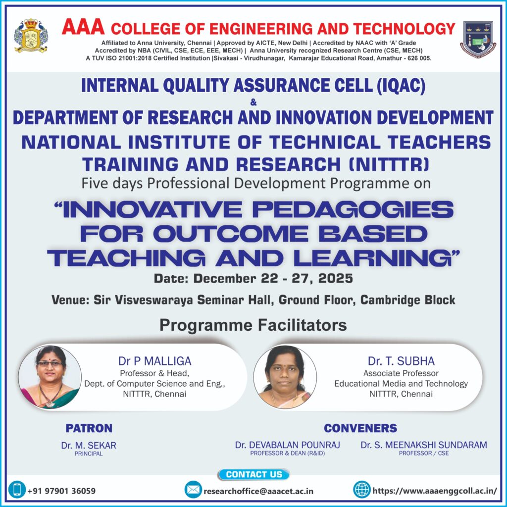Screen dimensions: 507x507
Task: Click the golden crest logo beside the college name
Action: point(31,36)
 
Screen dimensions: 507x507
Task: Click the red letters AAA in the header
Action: point(83,27)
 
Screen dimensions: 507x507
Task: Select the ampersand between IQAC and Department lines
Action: point(253,102)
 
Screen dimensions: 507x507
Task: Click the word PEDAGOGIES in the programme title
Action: point(353,209)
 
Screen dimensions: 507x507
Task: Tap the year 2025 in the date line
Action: point(336,278)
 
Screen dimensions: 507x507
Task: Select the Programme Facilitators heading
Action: point(253,325)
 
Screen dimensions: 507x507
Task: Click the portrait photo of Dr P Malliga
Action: point(50,377)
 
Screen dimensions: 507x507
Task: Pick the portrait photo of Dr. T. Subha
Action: point(285,377)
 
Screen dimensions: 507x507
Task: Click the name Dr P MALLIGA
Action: point(154,361)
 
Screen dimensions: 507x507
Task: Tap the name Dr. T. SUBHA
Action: point(401,361)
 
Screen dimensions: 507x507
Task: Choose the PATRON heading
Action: point(89,428)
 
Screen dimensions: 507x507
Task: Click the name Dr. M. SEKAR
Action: point(89,445)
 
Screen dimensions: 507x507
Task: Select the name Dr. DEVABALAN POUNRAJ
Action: point(288,445)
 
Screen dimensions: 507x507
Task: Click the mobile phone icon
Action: point(17,490)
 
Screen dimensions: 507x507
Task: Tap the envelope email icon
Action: point(193,490)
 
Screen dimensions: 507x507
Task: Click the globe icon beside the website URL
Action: point(362,490)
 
